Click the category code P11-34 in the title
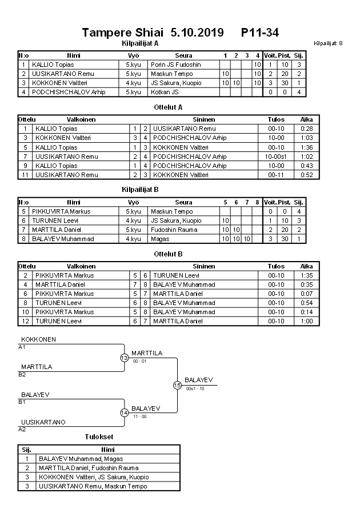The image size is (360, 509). pyautogui.click(x=260, y=33)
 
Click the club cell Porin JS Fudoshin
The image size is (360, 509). pyautogui.click(x=176, y=65)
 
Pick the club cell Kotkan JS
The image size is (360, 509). pyautogui.click(x=165, y=92)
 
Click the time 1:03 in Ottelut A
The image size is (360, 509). pyautogui.click(x=306, y=138)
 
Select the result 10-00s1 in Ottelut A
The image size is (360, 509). pyautogui.click(x=276, y=156)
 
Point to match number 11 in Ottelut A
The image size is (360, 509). pyautogui.click(x=25, y=174)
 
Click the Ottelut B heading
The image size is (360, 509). pyautogui.click(x=168, y=253)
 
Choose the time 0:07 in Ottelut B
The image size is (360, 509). pyautogui.click(x=306, y=293)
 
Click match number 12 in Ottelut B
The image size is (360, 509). pyautogui.click(x=25, y=321)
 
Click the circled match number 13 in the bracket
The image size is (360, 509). pyautogui.click(x=124, y=358)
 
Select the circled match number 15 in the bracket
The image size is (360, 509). pyautogui.click(x=177, y=385)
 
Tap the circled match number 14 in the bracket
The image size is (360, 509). pyautogui.click(x=124, y=412)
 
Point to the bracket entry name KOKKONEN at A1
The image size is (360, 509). pyautogui.click(x=38, y=339)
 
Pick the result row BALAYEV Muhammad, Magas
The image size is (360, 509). pyautogui.click(x=81, y=458)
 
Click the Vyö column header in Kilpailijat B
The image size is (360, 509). pyautogui.click(x=133, y=202)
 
